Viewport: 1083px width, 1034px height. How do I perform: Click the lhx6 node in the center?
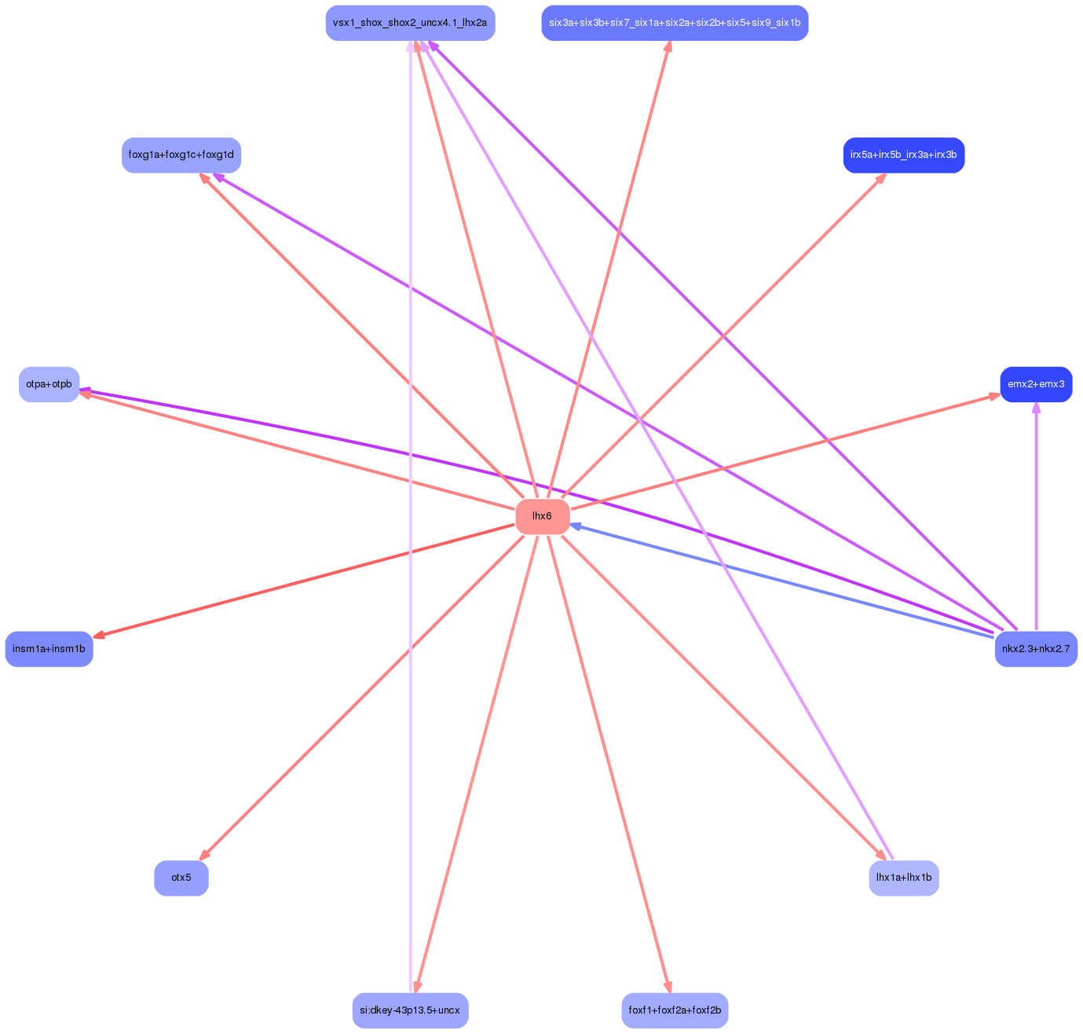tap(542, 516)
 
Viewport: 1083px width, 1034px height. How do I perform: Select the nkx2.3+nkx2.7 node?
tap(1035, 649)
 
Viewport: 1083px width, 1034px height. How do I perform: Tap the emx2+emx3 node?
tap(1035, 384)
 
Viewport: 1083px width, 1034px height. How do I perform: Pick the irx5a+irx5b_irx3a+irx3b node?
tap(903, 156)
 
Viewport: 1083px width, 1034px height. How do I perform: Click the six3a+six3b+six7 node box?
tap(674, 23)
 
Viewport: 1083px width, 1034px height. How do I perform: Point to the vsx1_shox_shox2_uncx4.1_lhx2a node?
tap(410, 23)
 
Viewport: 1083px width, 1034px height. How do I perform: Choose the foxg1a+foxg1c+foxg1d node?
tap(181, 156)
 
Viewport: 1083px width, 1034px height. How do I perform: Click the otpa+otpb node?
tap(49, 384)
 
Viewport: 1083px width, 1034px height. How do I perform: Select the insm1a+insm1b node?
tap(49, 649)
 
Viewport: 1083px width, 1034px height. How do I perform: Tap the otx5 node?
tap(181, 878)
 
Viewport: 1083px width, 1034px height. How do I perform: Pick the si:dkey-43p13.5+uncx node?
tap(410, 1010)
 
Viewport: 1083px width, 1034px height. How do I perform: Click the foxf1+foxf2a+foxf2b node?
tap(674, 1010)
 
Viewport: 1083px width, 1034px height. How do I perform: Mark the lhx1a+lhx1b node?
tap(903, 878)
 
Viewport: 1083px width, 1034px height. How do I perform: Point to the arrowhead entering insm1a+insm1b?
tap(98, 636)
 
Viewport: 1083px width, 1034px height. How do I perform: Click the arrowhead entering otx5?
tap(203, 855)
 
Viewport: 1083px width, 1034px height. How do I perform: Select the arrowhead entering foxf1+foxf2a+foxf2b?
tap(668, 987)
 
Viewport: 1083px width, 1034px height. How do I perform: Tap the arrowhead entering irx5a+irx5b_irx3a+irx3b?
tap(881, 178)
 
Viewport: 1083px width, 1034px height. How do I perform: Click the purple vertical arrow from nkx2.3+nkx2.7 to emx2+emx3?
tap(1036, 519)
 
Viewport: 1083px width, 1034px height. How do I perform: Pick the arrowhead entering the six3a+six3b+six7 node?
tap(668, 46)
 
